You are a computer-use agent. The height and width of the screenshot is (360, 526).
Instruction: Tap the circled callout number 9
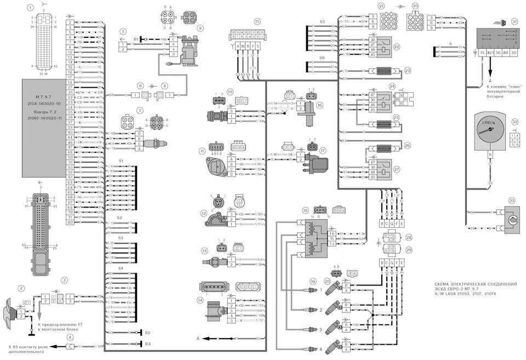point(200,27)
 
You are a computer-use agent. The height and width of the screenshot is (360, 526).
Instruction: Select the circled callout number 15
point(257,21)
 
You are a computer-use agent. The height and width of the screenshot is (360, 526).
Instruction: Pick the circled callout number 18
point(305,210)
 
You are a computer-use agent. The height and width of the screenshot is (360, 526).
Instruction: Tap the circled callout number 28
point(408,238)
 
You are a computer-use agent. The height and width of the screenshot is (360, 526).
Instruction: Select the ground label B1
point(136,39)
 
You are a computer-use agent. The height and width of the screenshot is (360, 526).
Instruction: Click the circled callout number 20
point(327,281)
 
